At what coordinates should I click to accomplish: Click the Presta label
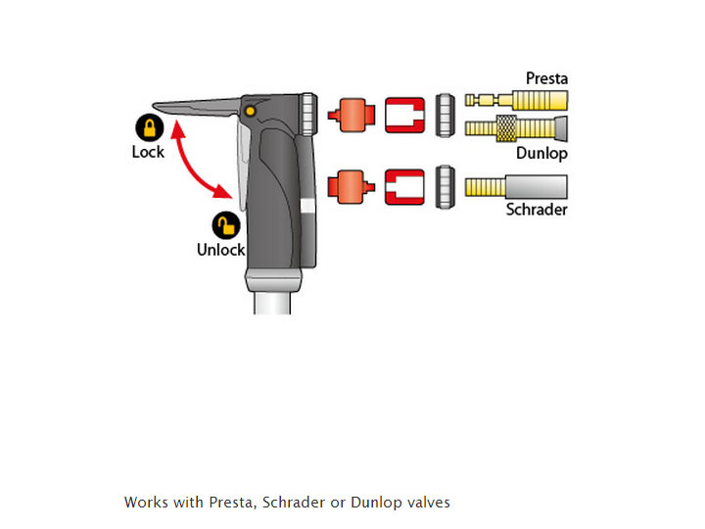tap(546, 78)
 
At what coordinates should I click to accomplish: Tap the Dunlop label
tap(541, 153)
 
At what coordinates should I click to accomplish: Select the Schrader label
tap(537, 209)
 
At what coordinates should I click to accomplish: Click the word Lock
tap(148, 152)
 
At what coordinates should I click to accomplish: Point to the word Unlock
tap(220, 249)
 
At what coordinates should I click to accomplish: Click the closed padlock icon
tap(149, 128)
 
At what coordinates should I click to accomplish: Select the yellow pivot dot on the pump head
tap(252, 112)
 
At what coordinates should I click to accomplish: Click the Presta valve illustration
tap(515, 100)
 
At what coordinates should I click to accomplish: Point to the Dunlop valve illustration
tap(515, 127)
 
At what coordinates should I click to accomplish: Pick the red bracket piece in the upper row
tap(404, 115)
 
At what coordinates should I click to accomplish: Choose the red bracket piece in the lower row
tap(404, 185)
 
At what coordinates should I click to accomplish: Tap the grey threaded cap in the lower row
tap(444, 185)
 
